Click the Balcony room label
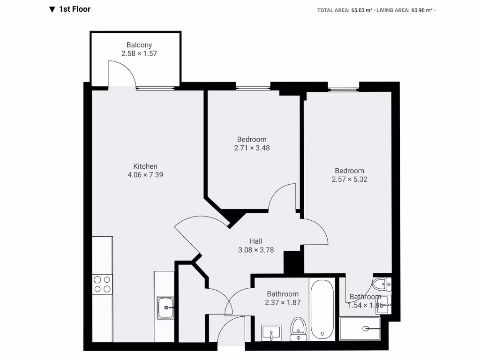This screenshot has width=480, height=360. tap(139, 45)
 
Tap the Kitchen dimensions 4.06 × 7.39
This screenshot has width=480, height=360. tap(145, 175)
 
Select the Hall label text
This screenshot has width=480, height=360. tap(256, 241)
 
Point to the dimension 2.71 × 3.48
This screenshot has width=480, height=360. tap(252, 148)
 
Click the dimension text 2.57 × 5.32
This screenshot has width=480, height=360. tap(349, 179)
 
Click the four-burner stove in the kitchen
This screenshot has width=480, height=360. tap(102, 284)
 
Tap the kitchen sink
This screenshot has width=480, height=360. tap(165, 307)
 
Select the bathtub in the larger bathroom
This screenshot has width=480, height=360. tap(322, 309)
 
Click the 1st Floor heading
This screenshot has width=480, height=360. tap(75, 9)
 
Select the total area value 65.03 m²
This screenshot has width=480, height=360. tap(362, 10)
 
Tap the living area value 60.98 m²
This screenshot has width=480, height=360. tap(422, 10)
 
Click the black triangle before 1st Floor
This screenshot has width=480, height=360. tap(52, 9)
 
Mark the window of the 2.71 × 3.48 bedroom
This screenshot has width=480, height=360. tap(253, 87)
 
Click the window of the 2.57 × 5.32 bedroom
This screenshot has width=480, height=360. tap(343, 89)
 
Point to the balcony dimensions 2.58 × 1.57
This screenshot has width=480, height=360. tap(139, 53)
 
